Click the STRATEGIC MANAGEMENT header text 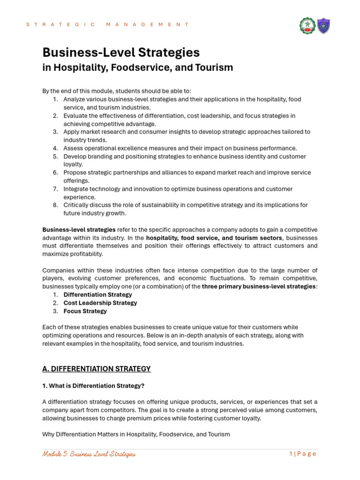coord(108,24)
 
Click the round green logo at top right coord(307,26)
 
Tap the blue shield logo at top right coord(323,26)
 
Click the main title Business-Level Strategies coord(121,52)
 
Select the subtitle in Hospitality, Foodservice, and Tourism coord(137,67)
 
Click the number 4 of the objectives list coord(55,148)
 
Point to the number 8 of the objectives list coord(55,205)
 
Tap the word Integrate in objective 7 coord(77,189)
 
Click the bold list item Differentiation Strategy coord(97,295)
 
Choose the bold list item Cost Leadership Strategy coord(100,303)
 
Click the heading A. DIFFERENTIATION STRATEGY coord(97,369)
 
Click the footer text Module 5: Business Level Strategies coord(89,454)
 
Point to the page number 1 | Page coord(303,454)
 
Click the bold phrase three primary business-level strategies coord(258,286)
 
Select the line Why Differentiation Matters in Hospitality coord(136,435)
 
